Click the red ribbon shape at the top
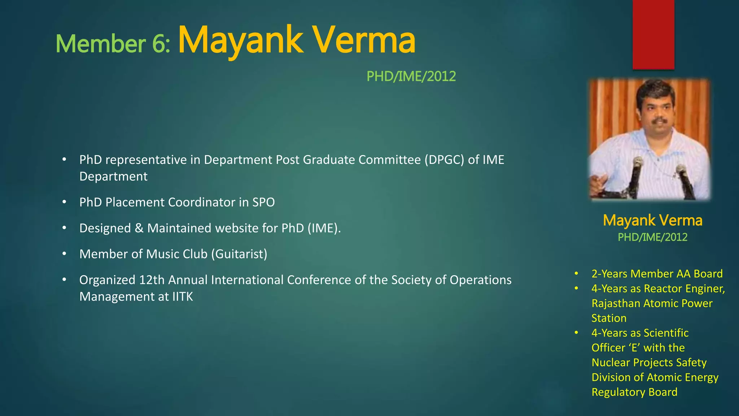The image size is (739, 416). coord(653,34)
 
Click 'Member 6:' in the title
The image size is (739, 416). coord(113,44)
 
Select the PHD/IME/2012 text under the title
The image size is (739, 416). coord(411,76)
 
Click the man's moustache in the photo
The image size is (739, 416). coord(660,120)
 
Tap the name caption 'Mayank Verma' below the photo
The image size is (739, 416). coord(652,220)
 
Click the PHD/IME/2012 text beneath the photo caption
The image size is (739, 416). coord(652,237)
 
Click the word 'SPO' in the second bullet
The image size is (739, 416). coord(263,202)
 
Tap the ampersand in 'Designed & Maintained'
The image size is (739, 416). coord(139,228)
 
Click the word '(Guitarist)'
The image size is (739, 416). coord(239,254)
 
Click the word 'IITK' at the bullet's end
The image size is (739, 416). coord(183,297)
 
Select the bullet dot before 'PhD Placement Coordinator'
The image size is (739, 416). coord(64,202)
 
